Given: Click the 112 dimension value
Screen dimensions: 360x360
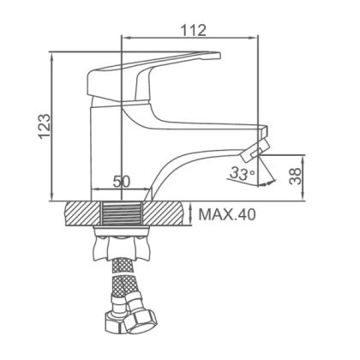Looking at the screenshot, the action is click(193, 30).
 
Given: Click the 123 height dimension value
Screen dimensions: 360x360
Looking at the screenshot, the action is click(45, 127).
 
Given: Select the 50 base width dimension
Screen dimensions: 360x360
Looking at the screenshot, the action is click(122, 181).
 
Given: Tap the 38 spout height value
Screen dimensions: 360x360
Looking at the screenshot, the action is click(295, 176).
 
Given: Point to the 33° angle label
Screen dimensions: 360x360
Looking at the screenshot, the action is click(243, 173).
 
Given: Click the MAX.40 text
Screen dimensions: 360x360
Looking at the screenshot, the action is click(227, 214).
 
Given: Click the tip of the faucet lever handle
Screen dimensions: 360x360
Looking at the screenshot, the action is click(220, 56).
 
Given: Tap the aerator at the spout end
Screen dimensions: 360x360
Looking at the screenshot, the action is click(255, 150).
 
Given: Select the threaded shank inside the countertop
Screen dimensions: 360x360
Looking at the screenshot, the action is click(122, 213).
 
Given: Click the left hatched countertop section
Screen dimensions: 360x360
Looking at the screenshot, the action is click(83, 213).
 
